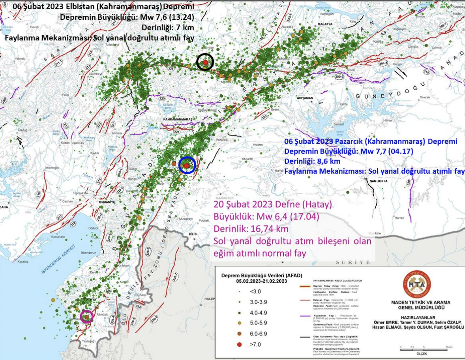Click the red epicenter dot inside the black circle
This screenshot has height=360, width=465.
click(205, 62)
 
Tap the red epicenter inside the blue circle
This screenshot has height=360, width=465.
click(187, 166)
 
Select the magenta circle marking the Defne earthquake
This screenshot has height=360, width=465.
click(87, 317)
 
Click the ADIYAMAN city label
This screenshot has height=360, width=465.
click(305, 98)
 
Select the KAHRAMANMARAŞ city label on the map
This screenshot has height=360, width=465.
click(178, 118)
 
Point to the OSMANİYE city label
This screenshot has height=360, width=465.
click(107, 202)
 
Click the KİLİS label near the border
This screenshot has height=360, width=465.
click(193, 234)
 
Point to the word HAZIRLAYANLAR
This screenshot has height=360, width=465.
click(418, 316)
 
